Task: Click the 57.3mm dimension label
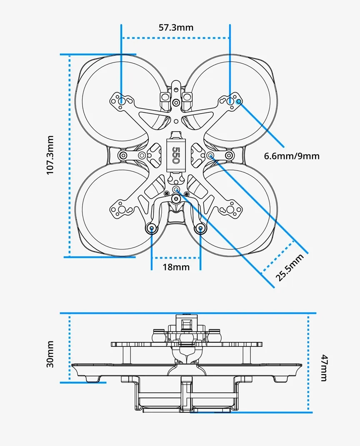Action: point(176,27)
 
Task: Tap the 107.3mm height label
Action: point(50,154)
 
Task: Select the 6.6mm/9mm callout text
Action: point(292,156)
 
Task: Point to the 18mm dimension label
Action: point(176,267)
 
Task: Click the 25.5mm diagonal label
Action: point(290,267)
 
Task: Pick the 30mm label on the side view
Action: point(50,354)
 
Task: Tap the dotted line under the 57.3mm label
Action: point(175,38)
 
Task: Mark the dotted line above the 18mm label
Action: point(175,257)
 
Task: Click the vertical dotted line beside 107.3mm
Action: point(70,155)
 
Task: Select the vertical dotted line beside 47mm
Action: point(308,362)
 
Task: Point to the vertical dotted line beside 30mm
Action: point(70,347)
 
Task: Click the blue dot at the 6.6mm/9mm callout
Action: point(239,101)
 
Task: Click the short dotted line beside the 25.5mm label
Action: point(278,257)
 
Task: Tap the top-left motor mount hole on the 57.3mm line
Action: point(121,100)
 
